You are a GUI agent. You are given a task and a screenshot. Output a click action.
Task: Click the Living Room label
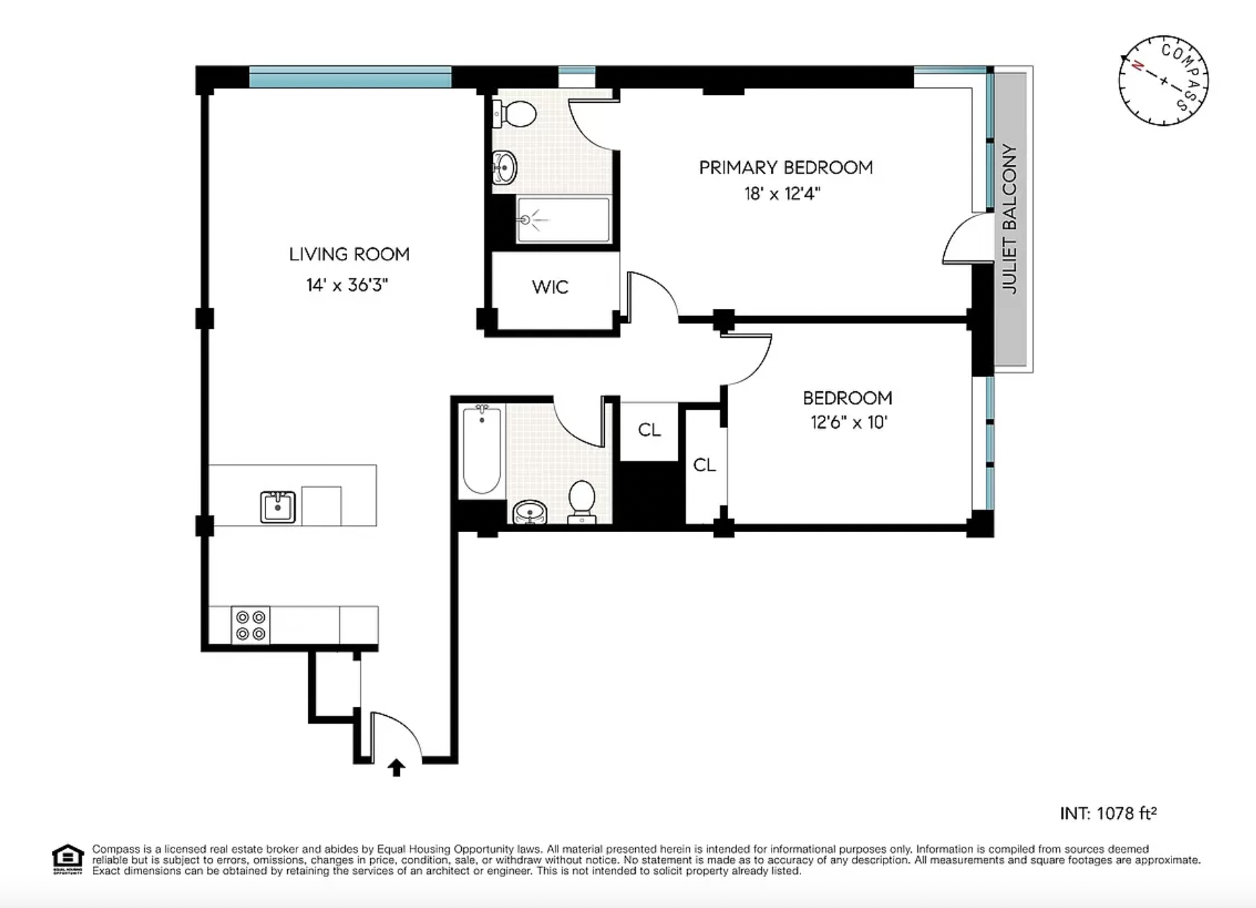[349, 254]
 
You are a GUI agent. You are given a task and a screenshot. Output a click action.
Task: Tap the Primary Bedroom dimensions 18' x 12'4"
[783, 194]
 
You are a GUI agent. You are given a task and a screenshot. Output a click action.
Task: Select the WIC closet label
[550, 287]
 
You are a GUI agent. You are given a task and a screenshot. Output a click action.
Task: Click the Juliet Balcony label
[1010, 219]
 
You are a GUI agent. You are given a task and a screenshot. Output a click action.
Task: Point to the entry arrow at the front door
[396, 767]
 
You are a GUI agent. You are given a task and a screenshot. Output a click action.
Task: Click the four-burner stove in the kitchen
[251, 625]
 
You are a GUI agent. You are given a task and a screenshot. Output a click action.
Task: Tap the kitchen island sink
[278, 506]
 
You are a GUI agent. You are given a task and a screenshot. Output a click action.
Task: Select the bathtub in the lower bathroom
[482, 450]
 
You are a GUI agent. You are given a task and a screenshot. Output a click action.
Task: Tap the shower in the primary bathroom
[563, 220]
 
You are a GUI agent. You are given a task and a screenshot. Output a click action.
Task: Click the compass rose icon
[1163, 81]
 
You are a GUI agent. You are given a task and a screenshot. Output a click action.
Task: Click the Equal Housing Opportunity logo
[68, 859]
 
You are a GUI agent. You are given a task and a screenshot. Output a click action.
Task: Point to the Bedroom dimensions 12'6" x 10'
[848, 423]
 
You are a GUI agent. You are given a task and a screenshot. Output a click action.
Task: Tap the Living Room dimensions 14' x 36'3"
[347, 285]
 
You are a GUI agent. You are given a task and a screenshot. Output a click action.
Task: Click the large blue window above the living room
[350, 77]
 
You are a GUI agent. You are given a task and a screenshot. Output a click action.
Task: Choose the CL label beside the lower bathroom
[649, 429]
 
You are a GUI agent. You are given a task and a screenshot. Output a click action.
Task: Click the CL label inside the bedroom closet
[705, 465]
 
